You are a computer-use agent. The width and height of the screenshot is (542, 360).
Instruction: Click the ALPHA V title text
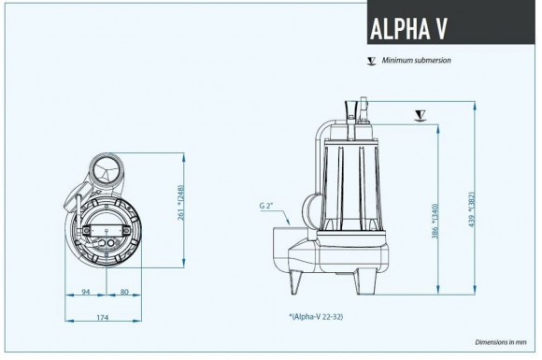pos(408,29)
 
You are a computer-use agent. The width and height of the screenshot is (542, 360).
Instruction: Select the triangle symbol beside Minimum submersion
pos(372,61)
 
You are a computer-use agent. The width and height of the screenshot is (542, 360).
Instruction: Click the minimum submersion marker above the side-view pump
pos(420,116)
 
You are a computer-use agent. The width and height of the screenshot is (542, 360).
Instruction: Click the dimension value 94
pos(85,292)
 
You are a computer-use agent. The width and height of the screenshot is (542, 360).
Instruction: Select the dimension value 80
pos(124,292)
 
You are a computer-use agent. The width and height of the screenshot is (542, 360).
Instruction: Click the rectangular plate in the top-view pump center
pos(106,227)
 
